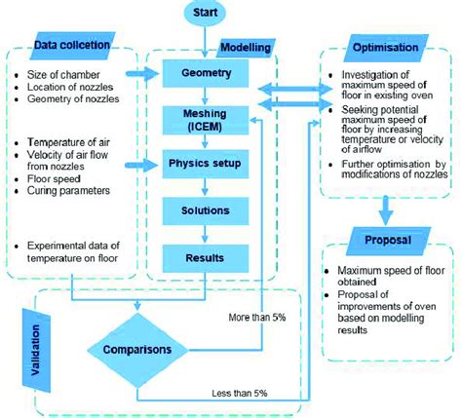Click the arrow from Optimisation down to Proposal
tap(386, 207)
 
